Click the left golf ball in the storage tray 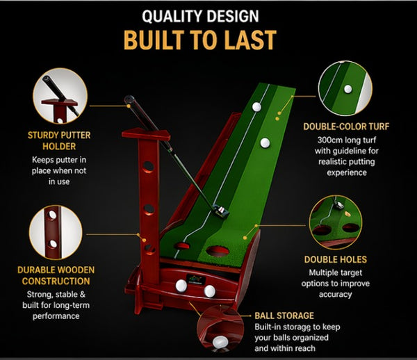click(x=181, y=284)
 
